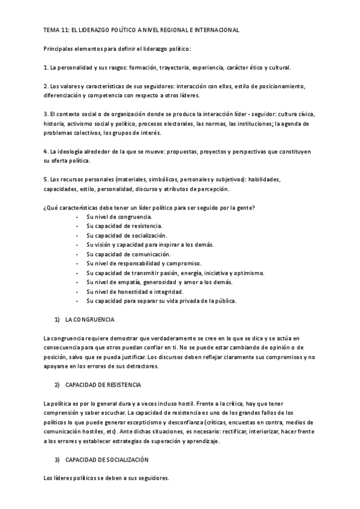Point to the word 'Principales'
pos(59,48)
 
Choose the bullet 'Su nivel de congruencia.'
pos(119,217)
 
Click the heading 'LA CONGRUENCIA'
pos(89,319)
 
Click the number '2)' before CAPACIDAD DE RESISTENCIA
pos(57,385)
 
